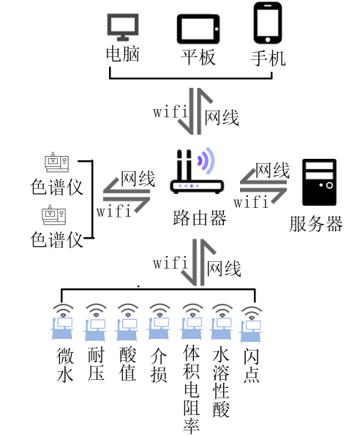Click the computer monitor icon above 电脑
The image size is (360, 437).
[x=123, y=27]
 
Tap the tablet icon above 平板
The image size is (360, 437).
[x=198, y=29]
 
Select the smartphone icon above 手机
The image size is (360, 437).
[x=268, y=23]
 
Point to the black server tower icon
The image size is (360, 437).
[x=319, y=182]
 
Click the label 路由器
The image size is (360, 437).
[x=200, y=218]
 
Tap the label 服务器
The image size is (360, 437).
[x=315, y=223]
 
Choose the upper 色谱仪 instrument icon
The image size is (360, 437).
[x=56, y=162]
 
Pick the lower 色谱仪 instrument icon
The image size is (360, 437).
[x=54, y=215]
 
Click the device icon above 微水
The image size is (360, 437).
[x=63, y=322]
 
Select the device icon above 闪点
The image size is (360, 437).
[x=251, y=324]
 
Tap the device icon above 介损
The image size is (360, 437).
[x=159, y=322]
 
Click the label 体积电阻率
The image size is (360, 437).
[x=192, y=389]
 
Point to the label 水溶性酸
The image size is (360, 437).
[x=221, y=382]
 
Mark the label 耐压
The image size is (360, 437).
[x=96, y=364]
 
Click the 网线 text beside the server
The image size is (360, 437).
[x=272, y=170]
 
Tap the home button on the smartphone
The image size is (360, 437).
[x=268, y=40]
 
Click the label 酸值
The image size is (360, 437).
[x=127, y=364]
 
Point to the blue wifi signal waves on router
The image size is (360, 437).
[x=206, y=161]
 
